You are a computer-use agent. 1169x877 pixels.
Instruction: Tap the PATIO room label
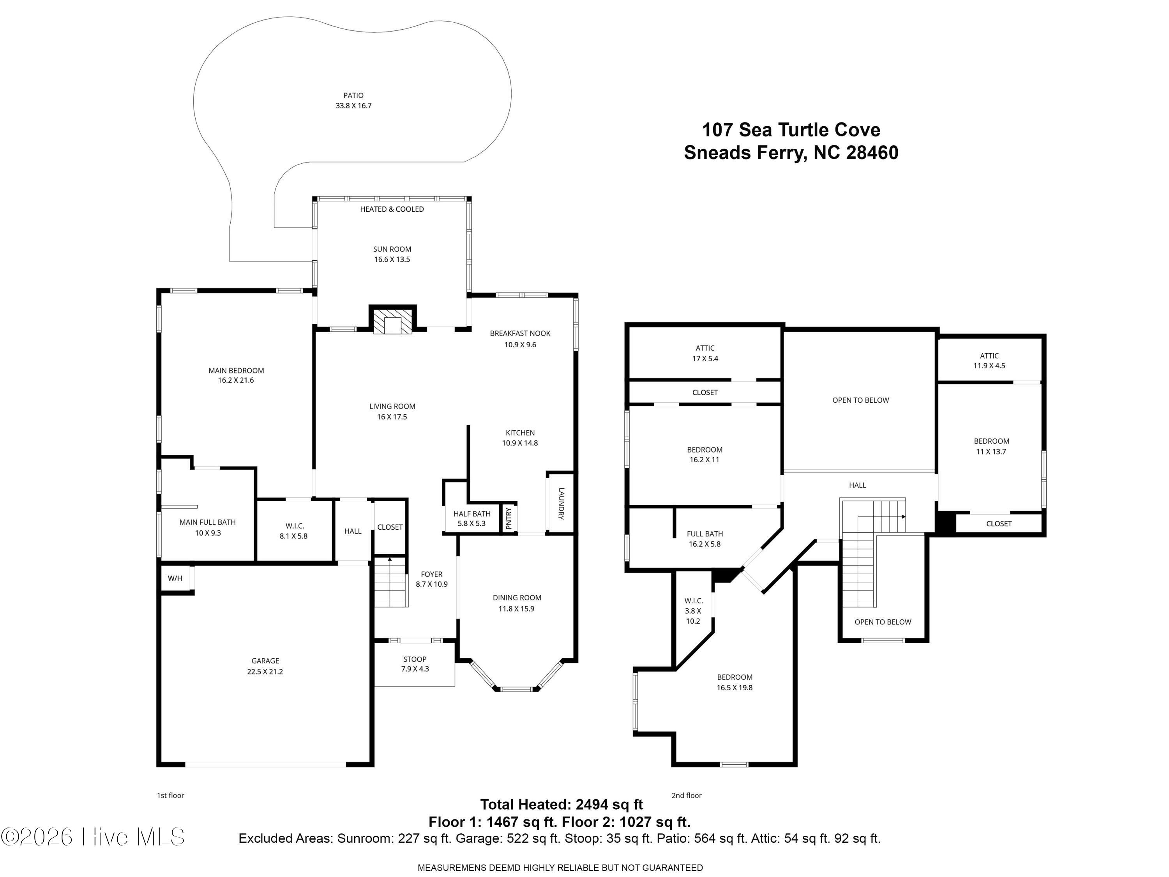click(353, 95)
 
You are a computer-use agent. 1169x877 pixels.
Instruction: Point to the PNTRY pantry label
click(509, 518)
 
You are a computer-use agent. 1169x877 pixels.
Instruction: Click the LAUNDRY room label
click(561, 503)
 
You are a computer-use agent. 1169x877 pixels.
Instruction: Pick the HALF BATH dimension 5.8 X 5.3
click(471, 523)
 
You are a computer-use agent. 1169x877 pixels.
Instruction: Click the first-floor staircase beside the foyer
click(390, 582)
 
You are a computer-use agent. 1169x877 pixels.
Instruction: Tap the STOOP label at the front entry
click(415, 659)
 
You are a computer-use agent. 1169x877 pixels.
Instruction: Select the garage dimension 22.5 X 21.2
click(265, 671)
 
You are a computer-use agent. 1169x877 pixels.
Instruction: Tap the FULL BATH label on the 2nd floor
click(705, 534)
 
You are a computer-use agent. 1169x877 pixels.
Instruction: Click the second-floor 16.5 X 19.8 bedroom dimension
click(735, 688)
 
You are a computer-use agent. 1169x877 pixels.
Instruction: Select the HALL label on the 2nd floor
click(857, 485)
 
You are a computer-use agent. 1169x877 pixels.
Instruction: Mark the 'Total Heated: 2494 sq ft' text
click(561, 804)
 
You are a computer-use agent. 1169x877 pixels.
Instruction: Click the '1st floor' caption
click(170, 795)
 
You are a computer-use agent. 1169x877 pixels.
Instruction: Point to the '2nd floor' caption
click(687, 795)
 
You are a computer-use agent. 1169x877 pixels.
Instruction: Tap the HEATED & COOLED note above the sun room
click(392, 209)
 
